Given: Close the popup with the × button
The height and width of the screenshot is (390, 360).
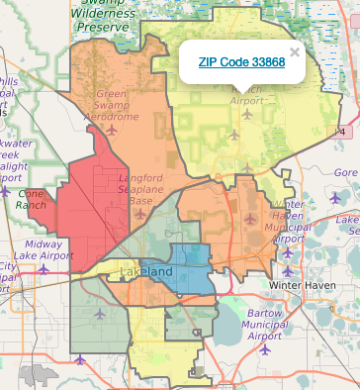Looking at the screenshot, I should tap(294, 52).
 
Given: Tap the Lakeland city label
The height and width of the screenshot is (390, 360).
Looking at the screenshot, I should tap(145, 271).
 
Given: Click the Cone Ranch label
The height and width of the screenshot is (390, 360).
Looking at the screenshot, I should tap(37, 199).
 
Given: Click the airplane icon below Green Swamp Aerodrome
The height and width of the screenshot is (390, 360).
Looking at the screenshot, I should tap(111, 129).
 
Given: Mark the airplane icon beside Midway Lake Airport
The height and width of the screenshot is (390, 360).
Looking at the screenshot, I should tap(44, 269).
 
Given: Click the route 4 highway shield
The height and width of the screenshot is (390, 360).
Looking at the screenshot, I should tap(342, 131).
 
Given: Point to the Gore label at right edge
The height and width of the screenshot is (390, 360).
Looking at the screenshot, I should tap(346, 172).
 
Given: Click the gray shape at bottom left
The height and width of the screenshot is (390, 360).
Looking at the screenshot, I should tap(42, 374).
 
